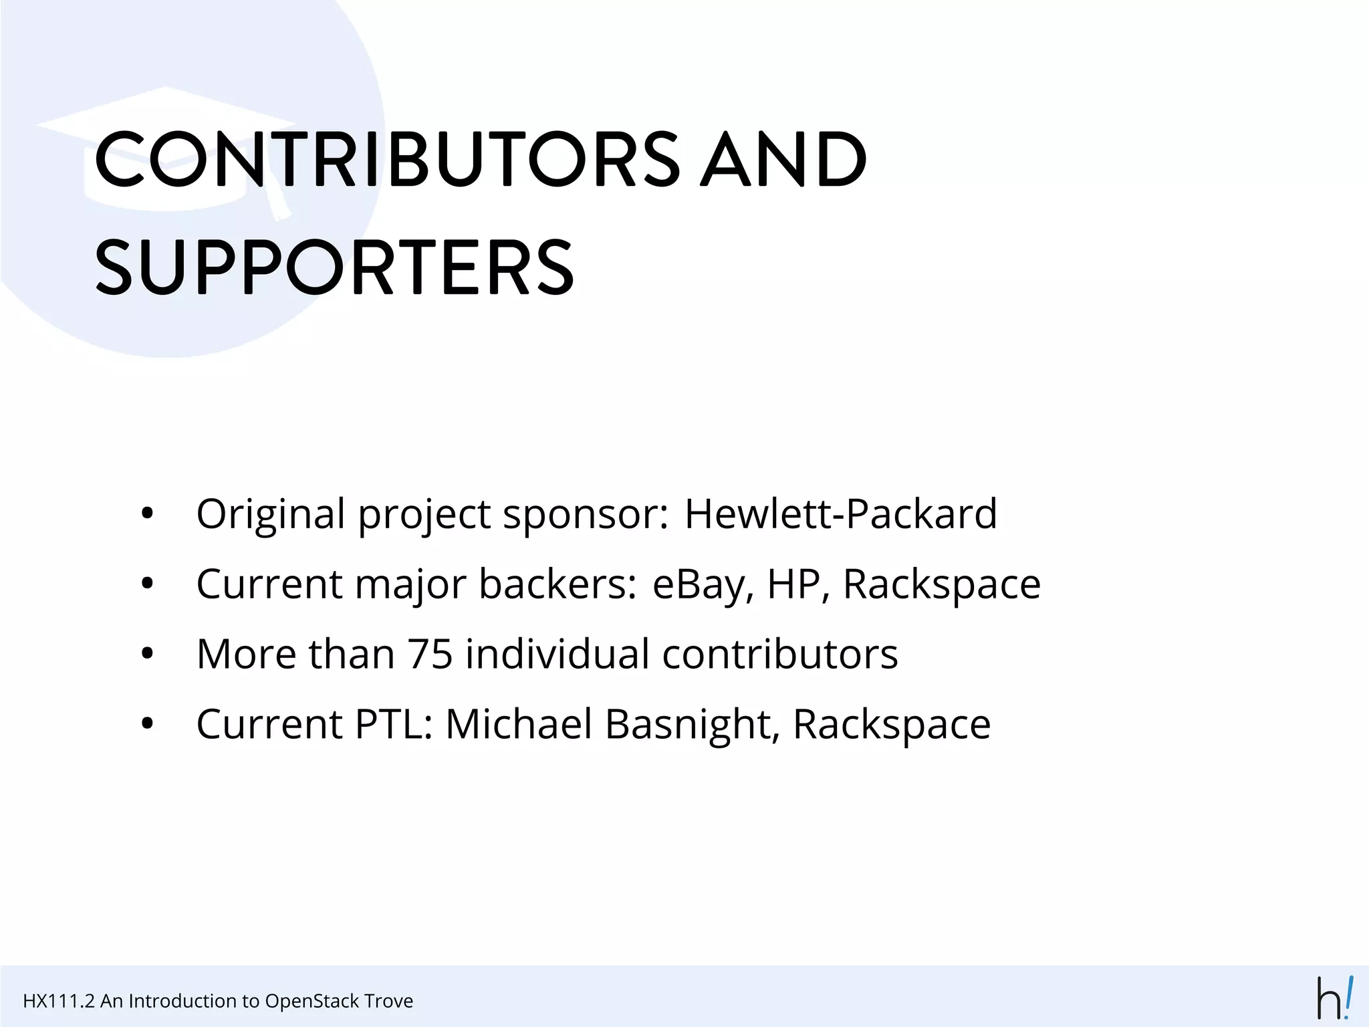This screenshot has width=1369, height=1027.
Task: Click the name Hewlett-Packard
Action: click(840, 513)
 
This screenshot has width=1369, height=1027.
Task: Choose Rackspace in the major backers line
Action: click(941, 584)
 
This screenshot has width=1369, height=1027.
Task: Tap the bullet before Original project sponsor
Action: click(148, 514)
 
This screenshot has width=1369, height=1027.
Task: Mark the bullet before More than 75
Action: click(148, 654)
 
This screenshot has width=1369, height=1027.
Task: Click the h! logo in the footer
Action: click(1335, 997)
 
